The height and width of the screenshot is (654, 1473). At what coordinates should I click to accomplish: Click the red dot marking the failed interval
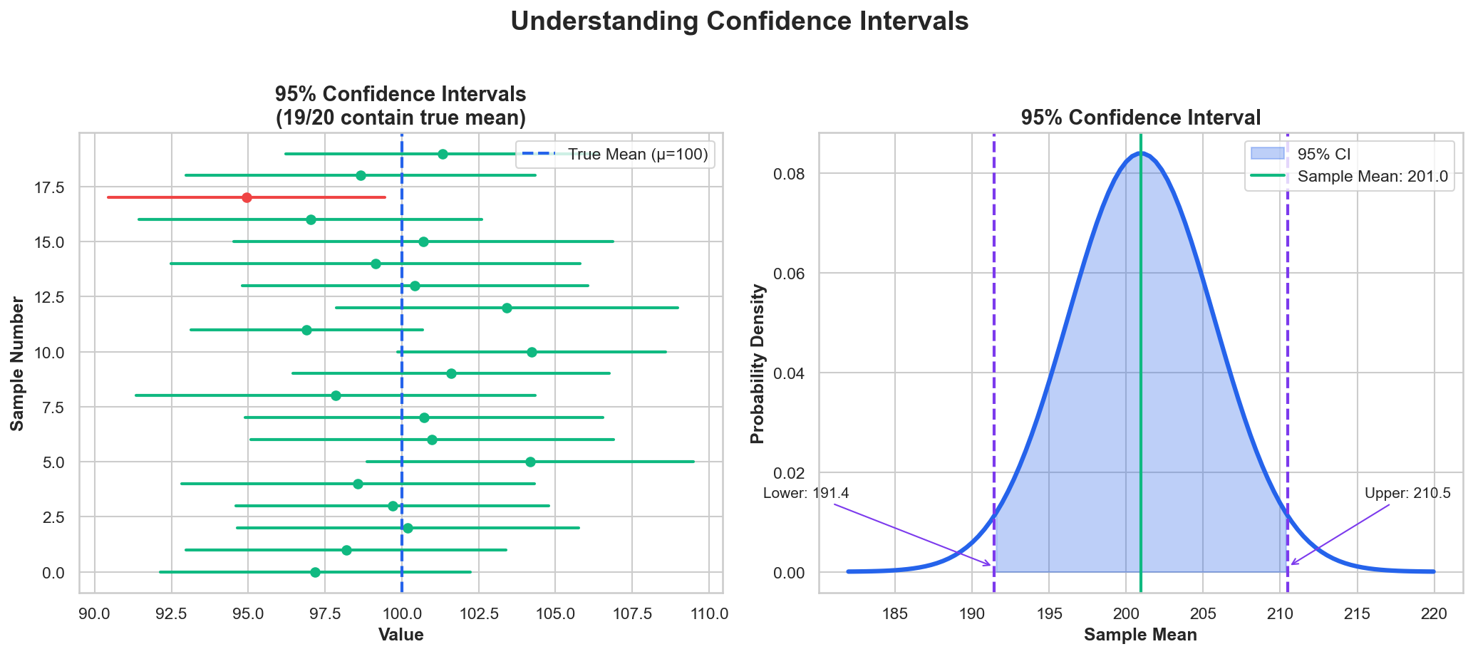coord(247,197)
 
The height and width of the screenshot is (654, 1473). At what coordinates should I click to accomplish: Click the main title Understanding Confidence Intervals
coord(739,21)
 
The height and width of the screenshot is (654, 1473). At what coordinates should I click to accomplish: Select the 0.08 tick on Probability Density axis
coord(788,174)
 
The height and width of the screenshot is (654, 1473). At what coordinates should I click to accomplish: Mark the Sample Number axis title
coord(18,363)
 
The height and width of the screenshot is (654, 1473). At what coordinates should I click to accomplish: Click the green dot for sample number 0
coord(315,572)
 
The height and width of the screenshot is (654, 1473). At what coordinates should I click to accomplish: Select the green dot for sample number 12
coord(507,308)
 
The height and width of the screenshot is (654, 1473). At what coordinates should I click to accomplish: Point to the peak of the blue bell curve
coord(1140,152)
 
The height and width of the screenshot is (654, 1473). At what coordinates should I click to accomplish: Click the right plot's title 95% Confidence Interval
coord(1140,118)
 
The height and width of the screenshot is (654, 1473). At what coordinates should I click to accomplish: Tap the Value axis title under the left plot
coord(401,635)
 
